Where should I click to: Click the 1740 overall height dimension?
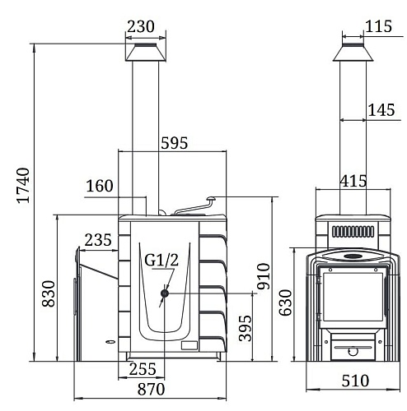[x=23, y=185]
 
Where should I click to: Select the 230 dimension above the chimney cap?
[x=141, y=26]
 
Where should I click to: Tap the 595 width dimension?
[x=175, y=143]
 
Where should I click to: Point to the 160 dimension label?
[x=100, y=186]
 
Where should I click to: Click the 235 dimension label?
[x=98, y=240]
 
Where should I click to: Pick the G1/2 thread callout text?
[x=161, y=260]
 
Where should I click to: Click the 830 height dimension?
[x=49, y=293]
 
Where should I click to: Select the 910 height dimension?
[x=264, y=276]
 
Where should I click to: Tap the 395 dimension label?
[x=245, y=328]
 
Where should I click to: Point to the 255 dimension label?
[x=143, y=369]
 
